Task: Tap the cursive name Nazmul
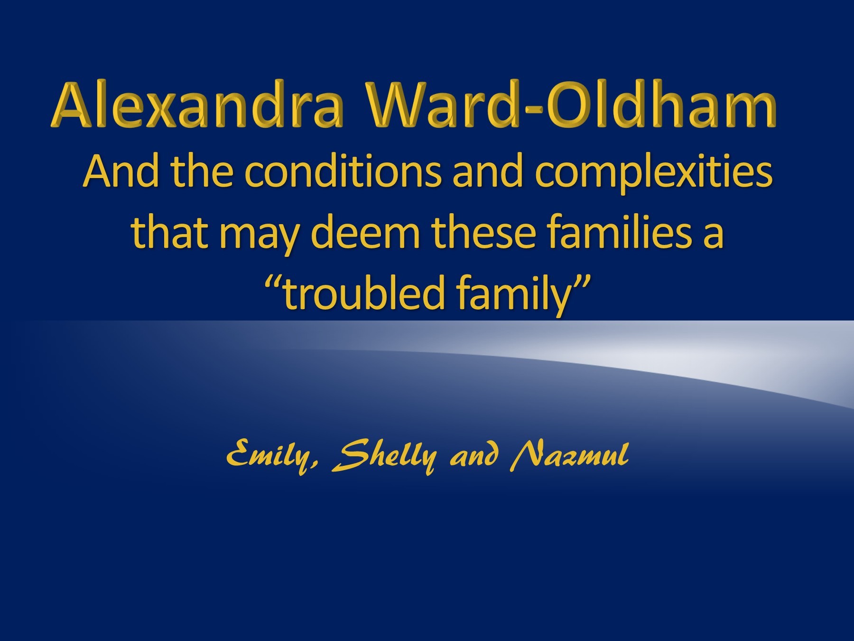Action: [x=569, y=455]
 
